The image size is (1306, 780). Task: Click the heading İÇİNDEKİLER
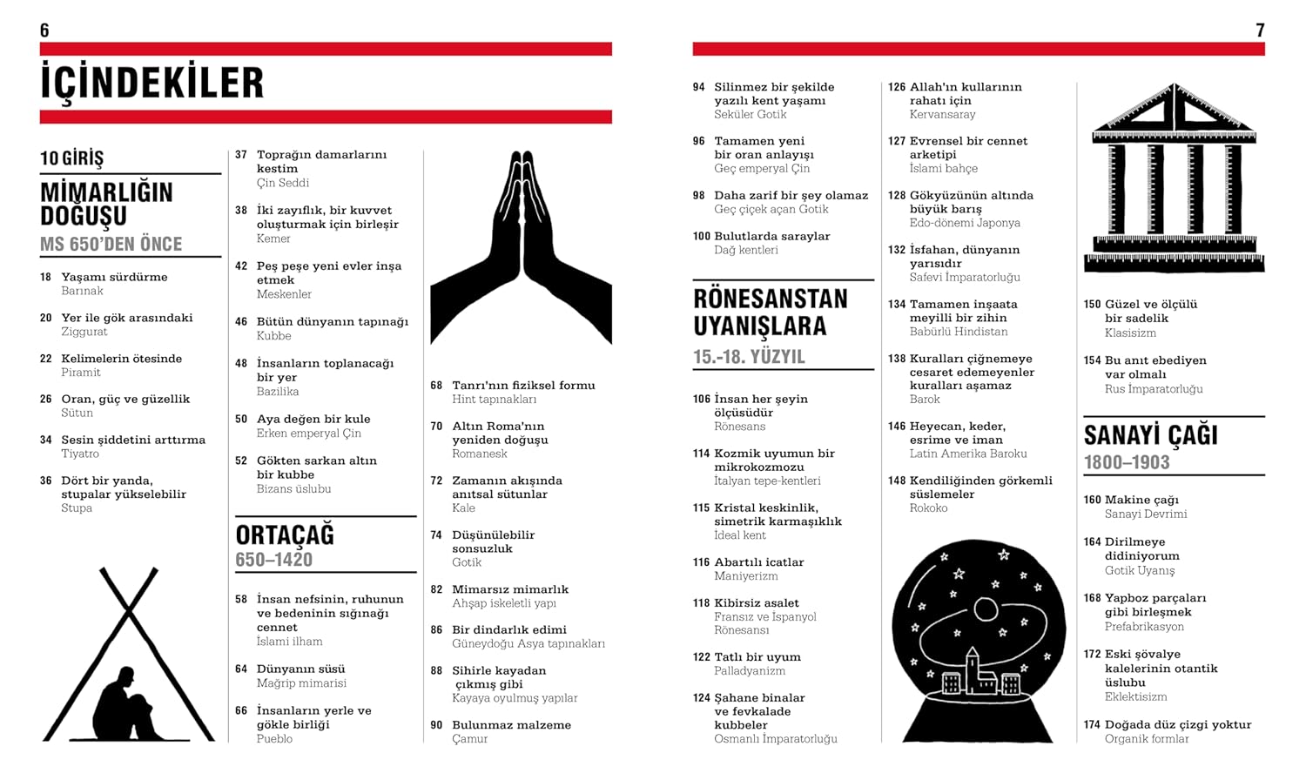pyautogui.click(x=151, y=83)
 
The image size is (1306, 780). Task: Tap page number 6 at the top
pyautogui.click(x=44, y=30)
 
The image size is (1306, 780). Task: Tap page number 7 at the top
pyautogui.click(x=1260, y=30)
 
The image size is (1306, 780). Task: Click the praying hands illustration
pyautogui.click(x=521, y=248)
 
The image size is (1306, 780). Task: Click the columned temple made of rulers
pyautogui.click(x=1174, y=178)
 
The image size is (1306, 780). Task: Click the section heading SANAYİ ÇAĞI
pyautogui.click(x=1150, y=434)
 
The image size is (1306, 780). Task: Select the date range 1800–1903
pyautogui.click(x=1127, y=462)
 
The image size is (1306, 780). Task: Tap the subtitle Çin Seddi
pyautogui.click(x=283, y=183)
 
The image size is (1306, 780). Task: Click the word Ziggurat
pyautogui.click(x=84, y=332)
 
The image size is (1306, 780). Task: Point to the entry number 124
pyautogui.click(x=701, y=698)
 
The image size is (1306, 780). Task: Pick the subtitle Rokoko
pyautogui.click(x=928, y=508)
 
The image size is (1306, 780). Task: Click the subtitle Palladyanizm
pyautogui.click(x=750, y=671)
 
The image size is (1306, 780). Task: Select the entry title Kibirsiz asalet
pyautogui.click(x=757, y=602)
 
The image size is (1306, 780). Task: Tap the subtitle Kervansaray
pyautogui.click(x=942, y=114)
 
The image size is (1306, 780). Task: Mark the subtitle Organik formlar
pyautogui.click(x=1147, y=739)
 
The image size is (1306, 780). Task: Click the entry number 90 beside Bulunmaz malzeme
pyautogui.click(x=436, y=725)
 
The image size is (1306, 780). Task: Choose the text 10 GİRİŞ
pyautogui.click(x=71, y=158)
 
